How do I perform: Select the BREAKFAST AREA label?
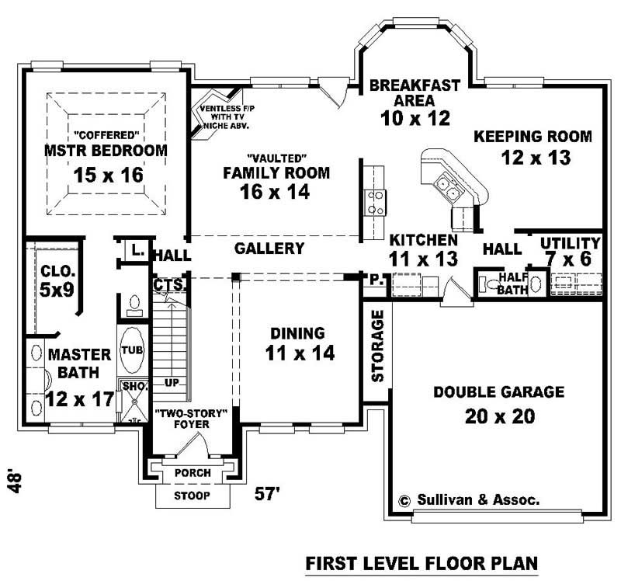[x=415, y=92]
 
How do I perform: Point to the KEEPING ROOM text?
[x=533, y=137]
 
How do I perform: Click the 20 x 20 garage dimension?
[x=500, y=416]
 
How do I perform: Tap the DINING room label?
[x=297, y=333]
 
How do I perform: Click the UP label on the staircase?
[x=172, y=382]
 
